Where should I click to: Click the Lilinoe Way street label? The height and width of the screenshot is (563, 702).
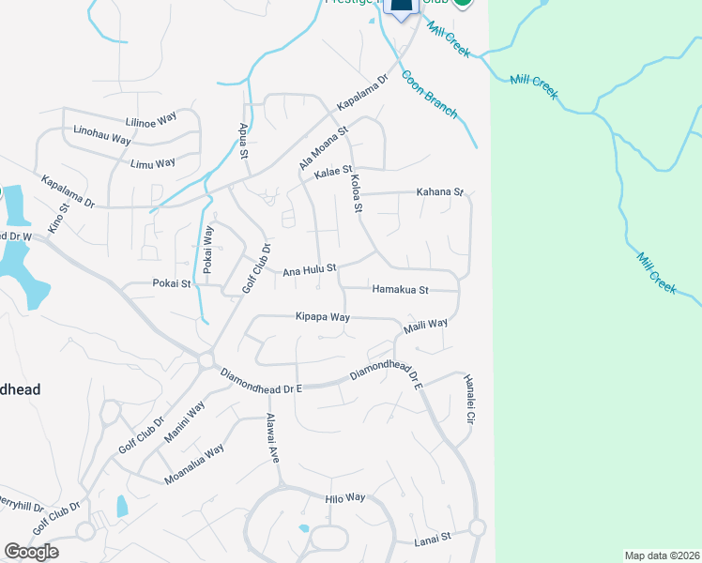pyautogui.click(x=152, y=120)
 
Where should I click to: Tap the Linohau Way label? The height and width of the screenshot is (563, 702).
pyautogui.click(x=99, y=142)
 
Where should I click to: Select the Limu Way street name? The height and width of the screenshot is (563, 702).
pyautogui.click(x=153, y=163)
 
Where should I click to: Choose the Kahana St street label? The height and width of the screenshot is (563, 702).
pyautogui.click(x=440, y=192)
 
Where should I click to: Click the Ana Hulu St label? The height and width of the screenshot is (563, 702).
pyautogui.click(x=310, y=271)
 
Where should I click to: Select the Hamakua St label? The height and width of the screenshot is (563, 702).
pyautogui.click(x=400, y=290)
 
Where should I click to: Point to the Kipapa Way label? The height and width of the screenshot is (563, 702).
pyautogui.click(x=322, y=318)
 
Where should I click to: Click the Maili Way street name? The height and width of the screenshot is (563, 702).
pyautogui.click(x=425, y=326)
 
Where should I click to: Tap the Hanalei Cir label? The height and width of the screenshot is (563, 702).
pyautogui.click(x=470, y=398)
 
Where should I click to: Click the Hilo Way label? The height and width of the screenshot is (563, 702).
pyautogui.click(x=344, y=498)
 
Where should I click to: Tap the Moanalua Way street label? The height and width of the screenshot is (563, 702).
pyautogui.click(x=193, y=463)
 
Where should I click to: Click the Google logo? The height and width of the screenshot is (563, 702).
pyautogui.click(x=31, y=552)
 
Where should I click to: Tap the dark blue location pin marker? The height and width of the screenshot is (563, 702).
pyautogui.click(x=402, y=8)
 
